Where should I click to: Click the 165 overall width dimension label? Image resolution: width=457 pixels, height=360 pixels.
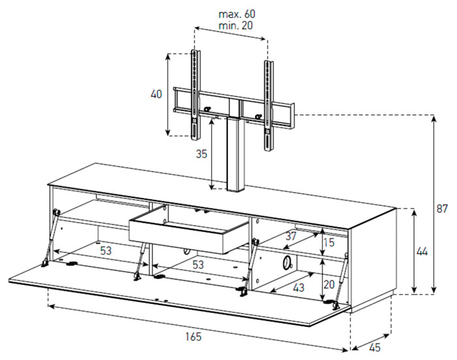(x=193, y=337)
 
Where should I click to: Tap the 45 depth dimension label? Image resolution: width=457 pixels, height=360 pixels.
(x=375, y=348)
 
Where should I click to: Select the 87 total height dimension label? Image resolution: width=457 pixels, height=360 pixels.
(x=442, y=208)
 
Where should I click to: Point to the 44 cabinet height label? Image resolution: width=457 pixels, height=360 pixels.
(x=422, y=252)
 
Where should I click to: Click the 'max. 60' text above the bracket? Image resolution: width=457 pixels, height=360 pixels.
(x=237, y=14)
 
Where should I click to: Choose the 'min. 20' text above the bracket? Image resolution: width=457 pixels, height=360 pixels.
(x=236, y=25)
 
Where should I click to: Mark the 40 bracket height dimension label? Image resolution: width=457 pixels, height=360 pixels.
(x=156, y=94)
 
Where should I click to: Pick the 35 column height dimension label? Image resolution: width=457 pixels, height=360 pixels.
(x=201, y=154)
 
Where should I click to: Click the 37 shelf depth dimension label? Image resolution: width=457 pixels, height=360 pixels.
(x=291, y=236)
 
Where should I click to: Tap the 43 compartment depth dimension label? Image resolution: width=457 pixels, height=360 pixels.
(x=298, y=287)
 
